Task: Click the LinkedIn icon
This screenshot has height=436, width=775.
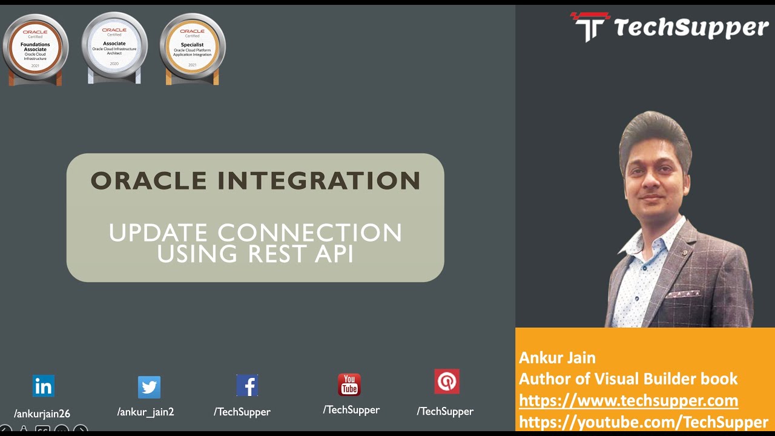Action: (43, 386)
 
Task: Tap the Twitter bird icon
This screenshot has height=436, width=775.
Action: (149, 386)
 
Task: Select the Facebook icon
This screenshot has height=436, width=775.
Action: (247, 385)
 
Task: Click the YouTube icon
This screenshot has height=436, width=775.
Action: (349, 385)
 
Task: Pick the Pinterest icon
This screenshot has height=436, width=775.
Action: (447, 381)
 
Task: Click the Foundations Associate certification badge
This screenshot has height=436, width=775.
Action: (35, 48)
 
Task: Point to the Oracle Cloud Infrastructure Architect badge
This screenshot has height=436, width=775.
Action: (114, 47)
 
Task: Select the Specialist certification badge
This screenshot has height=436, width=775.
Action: (193, 48)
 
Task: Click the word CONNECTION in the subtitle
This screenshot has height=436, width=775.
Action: (309, 233)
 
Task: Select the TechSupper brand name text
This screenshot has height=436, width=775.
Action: (691, 28)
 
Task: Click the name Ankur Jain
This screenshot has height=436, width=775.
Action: (557, 357)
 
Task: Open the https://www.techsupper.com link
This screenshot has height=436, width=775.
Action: (628, 400)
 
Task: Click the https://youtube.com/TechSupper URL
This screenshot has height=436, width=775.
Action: (644, 422)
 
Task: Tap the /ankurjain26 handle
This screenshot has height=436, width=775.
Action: (42, 414)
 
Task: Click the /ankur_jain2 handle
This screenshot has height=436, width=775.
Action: (145, 412)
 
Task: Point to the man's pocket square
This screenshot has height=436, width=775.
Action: (684, 295)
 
